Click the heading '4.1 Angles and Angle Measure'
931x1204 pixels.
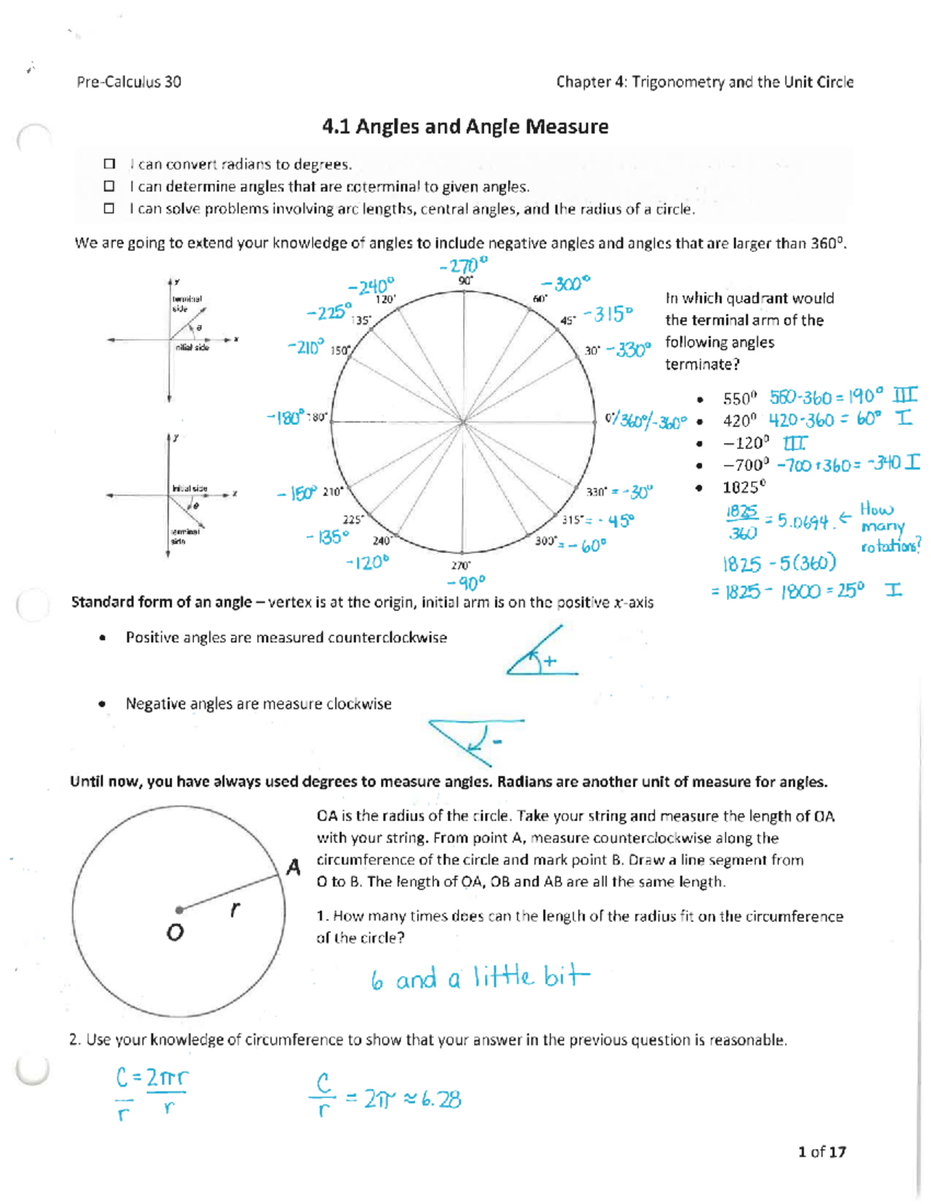pyautogui.click(x=465, y=126)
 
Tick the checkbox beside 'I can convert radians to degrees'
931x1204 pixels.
pyautogui.click(x=109, y=164)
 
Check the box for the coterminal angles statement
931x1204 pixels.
pyautogui.click(x=109, y=186)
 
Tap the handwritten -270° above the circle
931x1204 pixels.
pyautogui.click(x=463, y=266)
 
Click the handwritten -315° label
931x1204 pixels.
pyautogui.click(x=608, y=314)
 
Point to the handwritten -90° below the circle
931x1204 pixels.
pyautogui.click(x=466, y=581)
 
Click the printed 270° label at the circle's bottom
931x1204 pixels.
pyautogui.click(x=461, y=566)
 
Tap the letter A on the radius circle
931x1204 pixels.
pyautogui.click(x=293, y=867)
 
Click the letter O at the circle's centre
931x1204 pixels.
pyautogui.click(x=175, y=932)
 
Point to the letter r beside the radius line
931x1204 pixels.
pyautogui.click(x=234, y=909)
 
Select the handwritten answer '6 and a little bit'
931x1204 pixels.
pyautogui.click(x=479, y=978)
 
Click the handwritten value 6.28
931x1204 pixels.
pyautogui.click(x=441, y=1099)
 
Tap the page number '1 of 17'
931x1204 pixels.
pyautogui.click(x=822, y=1151)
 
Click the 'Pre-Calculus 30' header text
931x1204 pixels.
pyautogui.click(x=129, y=82)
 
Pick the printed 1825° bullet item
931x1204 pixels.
pyautogui.click(x=744, y=488)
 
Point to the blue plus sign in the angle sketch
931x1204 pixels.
pyautogui.click(x=550, y=661)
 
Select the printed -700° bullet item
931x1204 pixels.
pyautogui.click(x=746, y=465)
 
